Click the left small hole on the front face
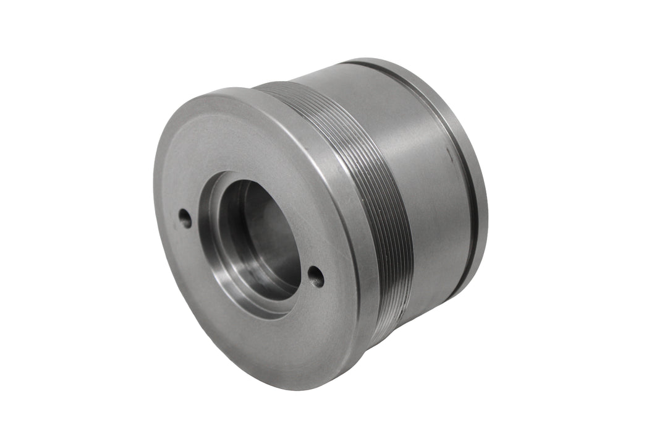[185, 217]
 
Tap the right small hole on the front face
[316, 276]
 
